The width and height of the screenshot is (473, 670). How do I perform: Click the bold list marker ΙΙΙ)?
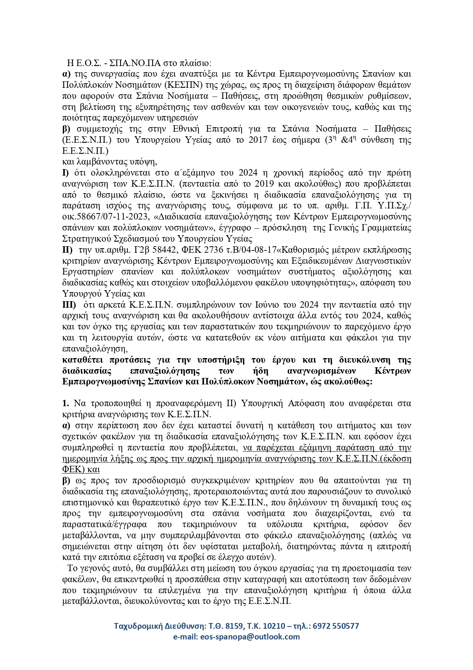pos(69,305)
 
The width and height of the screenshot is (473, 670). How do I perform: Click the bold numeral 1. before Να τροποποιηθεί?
pos(66,404)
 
